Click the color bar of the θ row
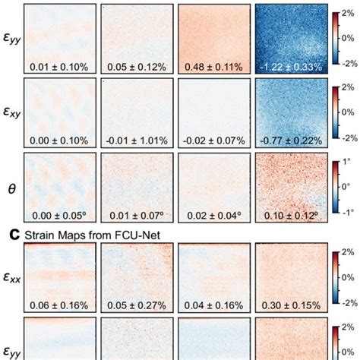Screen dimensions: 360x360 tap(336, 186)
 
